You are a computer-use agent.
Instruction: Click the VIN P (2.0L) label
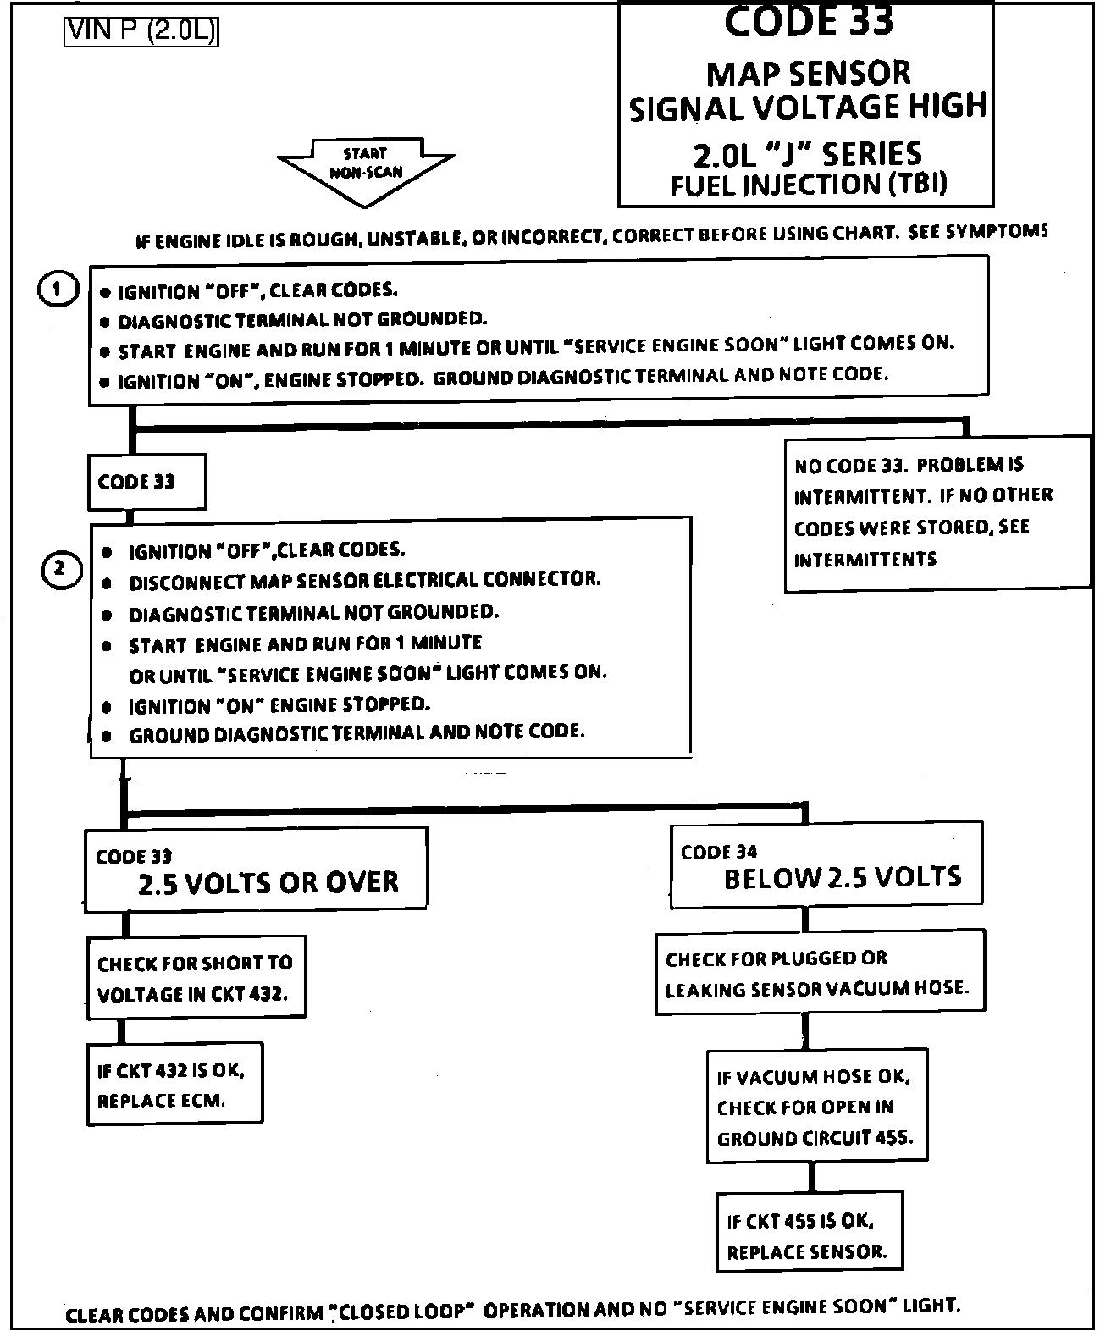pos(141,31)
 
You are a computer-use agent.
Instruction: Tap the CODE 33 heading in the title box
pos(808,21)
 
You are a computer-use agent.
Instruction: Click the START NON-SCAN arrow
pos(365,168)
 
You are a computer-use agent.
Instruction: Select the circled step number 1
pos(57,290)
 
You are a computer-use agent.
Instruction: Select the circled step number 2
pos(60,570)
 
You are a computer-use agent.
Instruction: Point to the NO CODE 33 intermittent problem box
pos(936,512)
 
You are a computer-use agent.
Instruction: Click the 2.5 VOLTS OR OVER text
pos(268,883)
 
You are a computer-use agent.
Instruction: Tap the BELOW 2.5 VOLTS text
pos(843,878)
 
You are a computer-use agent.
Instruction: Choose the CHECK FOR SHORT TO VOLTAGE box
pos(196,977)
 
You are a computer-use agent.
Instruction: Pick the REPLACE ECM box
pos(174,1085)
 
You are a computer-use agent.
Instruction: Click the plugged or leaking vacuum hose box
pos(820,972)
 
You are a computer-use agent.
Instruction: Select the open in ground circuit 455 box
pos(816,1107)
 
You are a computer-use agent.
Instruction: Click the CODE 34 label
pos(718,852)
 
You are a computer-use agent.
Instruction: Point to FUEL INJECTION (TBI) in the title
pos(808,185)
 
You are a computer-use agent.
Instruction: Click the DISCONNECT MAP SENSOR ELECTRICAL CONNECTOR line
pos(364,582)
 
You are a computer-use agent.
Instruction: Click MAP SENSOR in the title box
pos(808,74)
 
